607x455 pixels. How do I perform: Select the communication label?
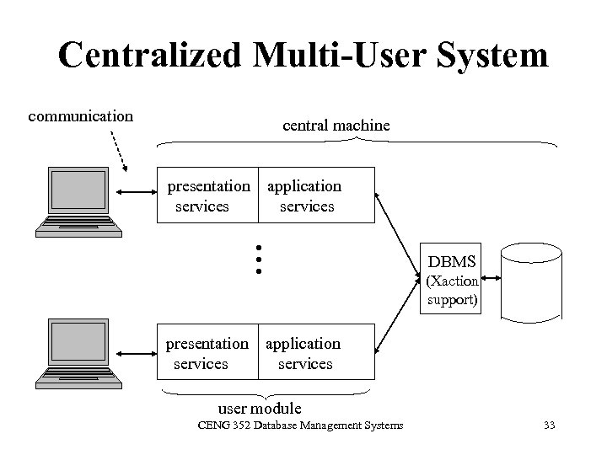point(81,115)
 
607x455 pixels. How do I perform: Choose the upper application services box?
point(315,195)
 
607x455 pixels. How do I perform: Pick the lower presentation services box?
point(207,354)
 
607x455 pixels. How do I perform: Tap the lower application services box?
point(315,354)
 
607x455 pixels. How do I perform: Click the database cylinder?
point(530,281)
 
